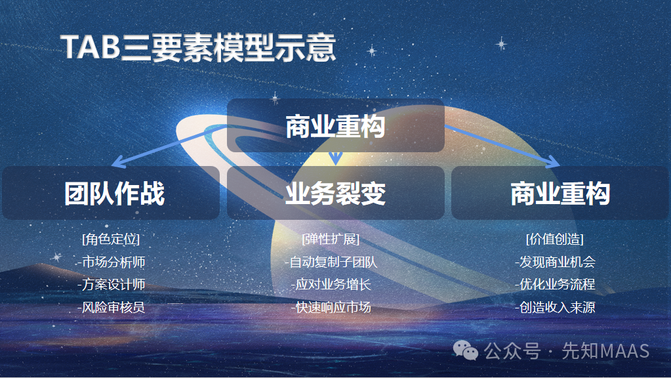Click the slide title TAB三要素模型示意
tap(198, 48)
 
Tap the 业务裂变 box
tap(335, 194)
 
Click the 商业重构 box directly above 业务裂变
tap(335, 126)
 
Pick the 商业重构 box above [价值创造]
tap(560, 194)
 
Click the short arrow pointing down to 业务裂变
tap(336, 157)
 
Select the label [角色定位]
tap(111, 239)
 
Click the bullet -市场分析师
tap(111, 262)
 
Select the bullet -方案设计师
tap(111, 285)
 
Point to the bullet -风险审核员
tap(111, 307)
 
